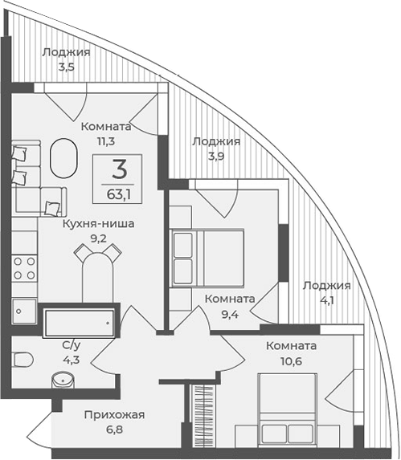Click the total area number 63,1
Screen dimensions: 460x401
[120, 193]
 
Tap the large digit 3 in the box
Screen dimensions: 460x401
[120, 169]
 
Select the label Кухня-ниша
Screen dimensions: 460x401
[98, 225]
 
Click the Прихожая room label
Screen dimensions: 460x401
[114, 414]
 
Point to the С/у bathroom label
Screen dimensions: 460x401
[72, 345]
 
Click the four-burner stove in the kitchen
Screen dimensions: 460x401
[24, 267]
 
